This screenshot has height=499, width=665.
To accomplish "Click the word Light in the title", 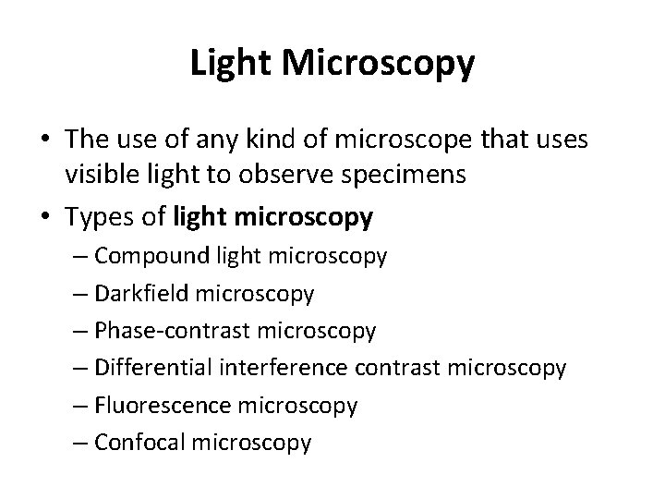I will click(x=230, y=63).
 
